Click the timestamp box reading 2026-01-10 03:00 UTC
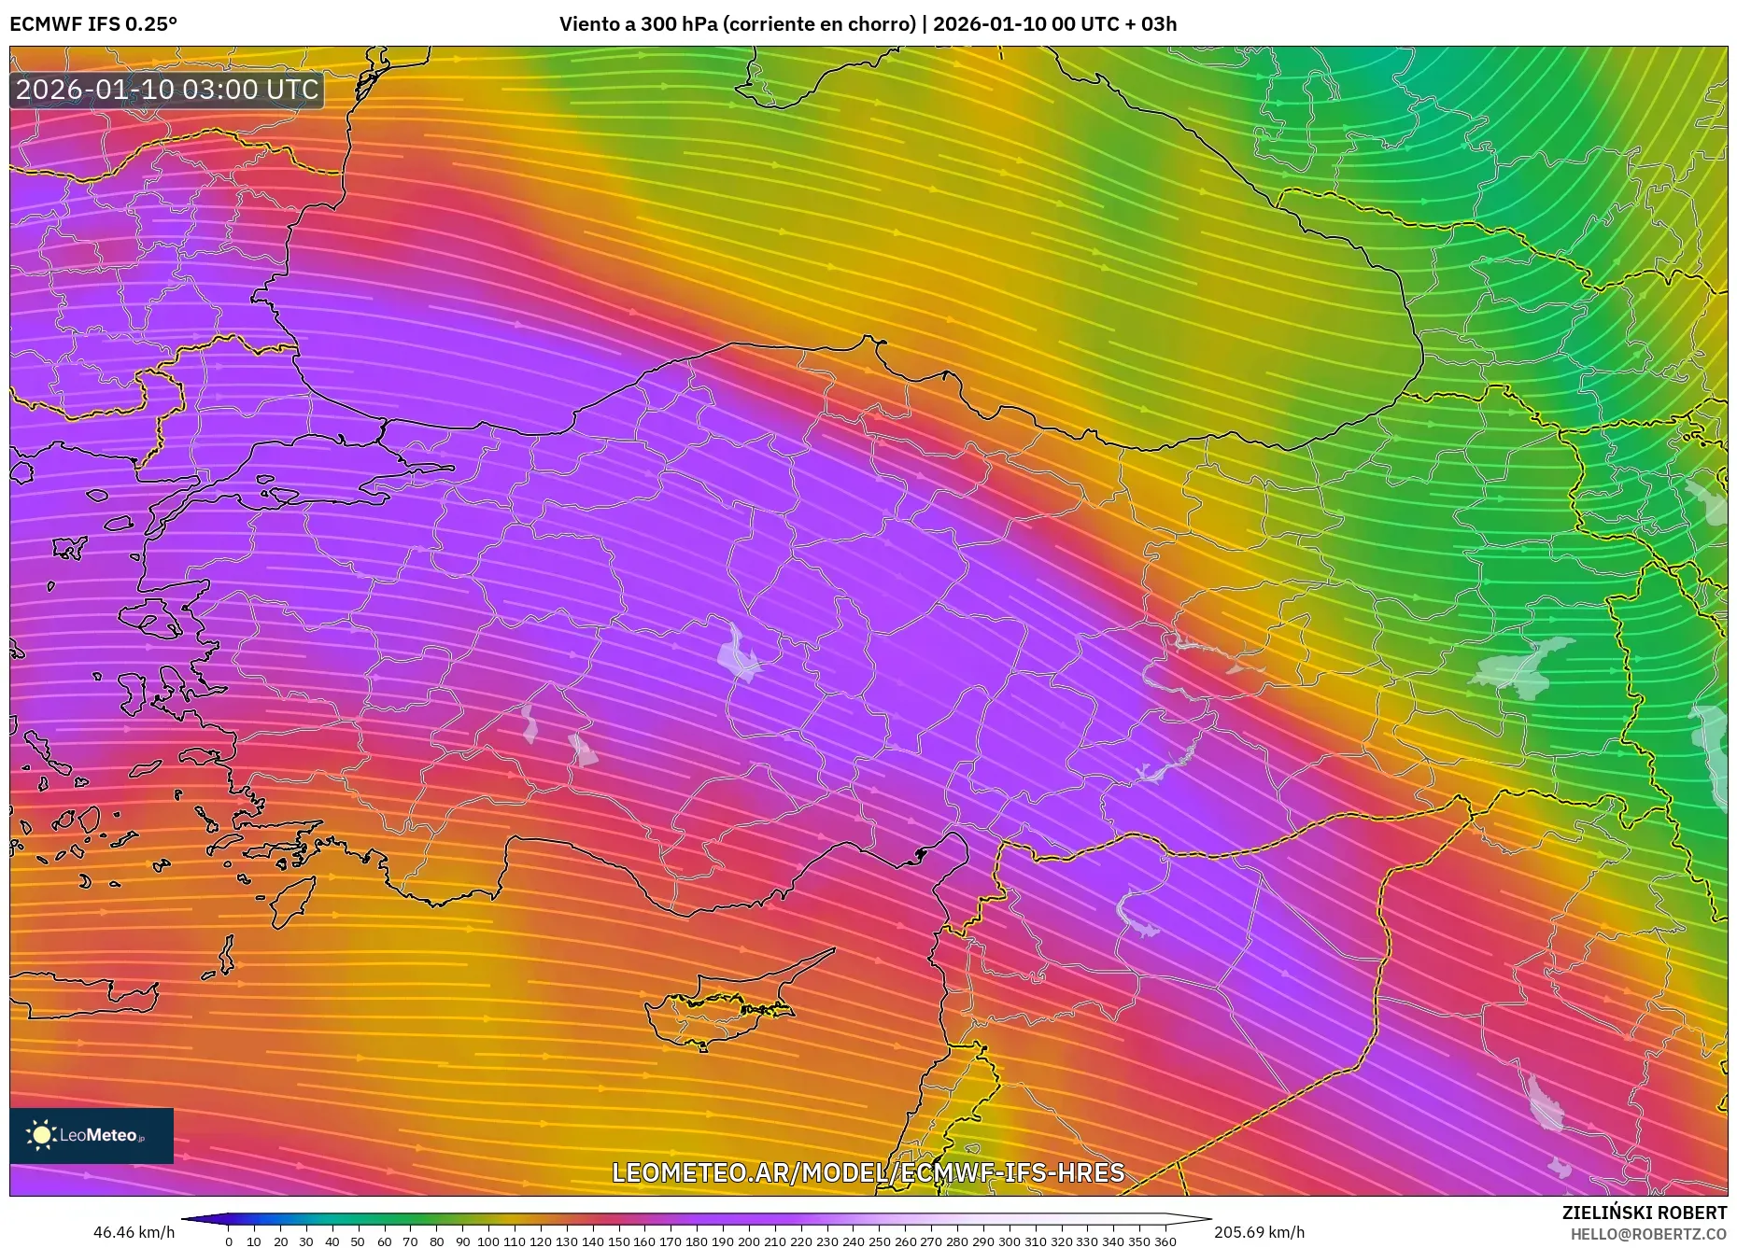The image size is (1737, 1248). click(x=167, y=90)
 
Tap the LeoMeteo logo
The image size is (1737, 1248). click(x=92, y=1135)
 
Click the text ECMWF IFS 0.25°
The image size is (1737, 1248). click(x=93, y=24)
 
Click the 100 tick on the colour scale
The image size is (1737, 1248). click(x=488, y=1241)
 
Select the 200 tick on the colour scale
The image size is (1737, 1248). click(x=749, y=1241)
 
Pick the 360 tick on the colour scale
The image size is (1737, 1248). click(x=1165, y=1241)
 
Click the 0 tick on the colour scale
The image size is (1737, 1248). click(x=229, y=1241)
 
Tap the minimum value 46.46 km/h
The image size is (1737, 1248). click(x=134, y=1232)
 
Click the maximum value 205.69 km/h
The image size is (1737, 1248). click(x=1259, y=1232)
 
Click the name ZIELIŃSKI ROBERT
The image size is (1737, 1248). click(x=1644, y=1213)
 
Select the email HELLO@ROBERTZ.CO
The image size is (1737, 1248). click(x=1647, y=1234)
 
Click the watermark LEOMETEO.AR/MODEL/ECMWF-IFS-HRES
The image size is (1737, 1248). click(x=868, y=1172)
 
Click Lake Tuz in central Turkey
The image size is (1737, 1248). click(x=739, y=654)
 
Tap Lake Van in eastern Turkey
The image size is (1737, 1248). click(x=1522, y=667)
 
